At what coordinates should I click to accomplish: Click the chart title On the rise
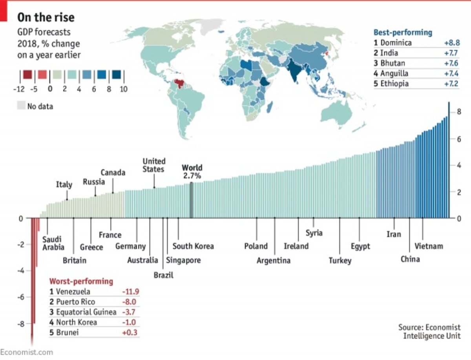click(x=46, y=17)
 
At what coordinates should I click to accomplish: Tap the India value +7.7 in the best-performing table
click(x=451, y=53)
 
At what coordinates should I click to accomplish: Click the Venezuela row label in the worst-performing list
click(x=73, y=292)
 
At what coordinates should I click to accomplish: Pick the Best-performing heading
click(x=403, y=33)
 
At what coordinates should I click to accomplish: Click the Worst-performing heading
click(x=81, y=281)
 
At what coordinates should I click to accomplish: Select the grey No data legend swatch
click(x=21, y=106)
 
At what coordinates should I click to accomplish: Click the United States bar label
click(x=154, y=165)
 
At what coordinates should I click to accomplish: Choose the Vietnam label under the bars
click(x=429, y=246)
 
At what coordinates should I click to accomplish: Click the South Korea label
click(x=193, y=246)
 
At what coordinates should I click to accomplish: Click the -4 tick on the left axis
click(x=22, y=271)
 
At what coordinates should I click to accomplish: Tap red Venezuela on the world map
click(x=180, y=83)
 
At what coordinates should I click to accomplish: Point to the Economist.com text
click(x=26, y=352)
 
